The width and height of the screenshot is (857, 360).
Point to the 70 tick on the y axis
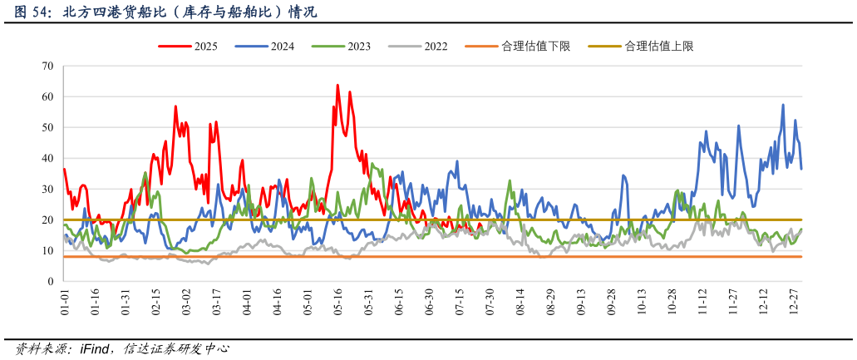point(47,66)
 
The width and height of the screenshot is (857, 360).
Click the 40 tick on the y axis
point(47,158)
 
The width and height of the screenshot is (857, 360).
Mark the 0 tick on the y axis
point(50,282)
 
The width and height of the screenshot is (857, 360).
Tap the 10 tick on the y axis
point(47,251)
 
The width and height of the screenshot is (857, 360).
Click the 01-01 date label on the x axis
point(65,302)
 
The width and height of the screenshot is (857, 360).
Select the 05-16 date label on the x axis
point(337,302)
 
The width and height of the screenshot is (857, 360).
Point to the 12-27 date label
point(793,302)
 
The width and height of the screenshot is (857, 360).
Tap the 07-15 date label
point(459,302)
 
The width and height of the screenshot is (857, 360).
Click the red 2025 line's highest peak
point(337,85)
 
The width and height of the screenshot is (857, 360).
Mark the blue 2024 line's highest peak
point(783,105)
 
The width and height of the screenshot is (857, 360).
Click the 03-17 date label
point(216,302)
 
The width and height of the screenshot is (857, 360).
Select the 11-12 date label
point(702,302)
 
